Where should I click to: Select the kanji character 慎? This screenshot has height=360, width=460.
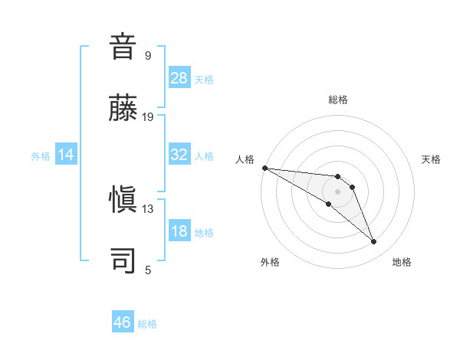tap(123, 199)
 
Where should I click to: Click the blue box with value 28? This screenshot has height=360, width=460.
tap(179, 78)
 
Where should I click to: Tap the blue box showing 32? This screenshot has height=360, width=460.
tap(179, 155)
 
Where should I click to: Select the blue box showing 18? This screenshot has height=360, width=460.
tap(179, 231)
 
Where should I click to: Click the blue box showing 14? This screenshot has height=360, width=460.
tap(66, 155)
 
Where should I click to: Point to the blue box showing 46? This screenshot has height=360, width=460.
tap(123, 322)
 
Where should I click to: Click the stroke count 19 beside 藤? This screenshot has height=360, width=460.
tap(148, 117)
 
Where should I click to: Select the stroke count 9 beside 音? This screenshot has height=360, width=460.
tap(148, 56)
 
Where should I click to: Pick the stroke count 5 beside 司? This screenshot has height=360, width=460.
tap(148, 270)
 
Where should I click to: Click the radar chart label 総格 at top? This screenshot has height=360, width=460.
tap(338, 100)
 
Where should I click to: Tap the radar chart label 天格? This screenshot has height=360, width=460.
tap(432, 159)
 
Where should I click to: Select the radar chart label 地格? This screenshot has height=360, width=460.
tap(402, 262)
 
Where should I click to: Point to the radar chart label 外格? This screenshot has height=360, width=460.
tap(270, 262)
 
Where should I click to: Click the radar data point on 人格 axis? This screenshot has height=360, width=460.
tap(264, 168)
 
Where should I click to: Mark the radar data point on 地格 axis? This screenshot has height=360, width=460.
tap(373, 242)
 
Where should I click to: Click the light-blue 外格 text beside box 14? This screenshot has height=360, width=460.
tap(41, 155)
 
